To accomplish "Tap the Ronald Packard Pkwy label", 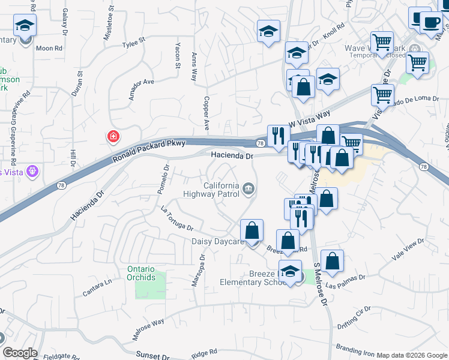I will point(149,151).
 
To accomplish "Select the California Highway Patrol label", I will point(216,190).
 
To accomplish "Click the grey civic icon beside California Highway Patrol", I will point(249,190).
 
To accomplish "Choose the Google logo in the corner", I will point(19,353).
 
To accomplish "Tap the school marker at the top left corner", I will point(25,26).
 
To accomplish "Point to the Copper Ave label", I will point(206,113).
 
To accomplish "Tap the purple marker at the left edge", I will point(32,171).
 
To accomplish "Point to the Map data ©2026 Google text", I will point(412,355).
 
